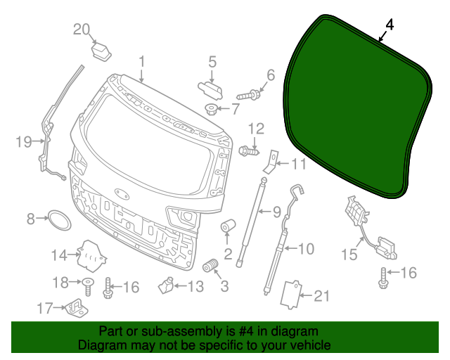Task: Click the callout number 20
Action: [82, 29]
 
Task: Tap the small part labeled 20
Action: [103, 51]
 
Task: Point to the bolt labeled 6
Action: [249, 94]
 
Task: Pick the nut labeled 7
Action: [211, 108]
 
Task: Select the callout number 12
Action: [256, 128]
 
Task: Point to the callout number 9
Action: [276, 211]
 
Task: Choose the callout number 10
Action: [306, 248]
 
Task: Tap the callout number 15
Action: [349, 254]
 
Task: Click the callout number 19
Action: [24, 143]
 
